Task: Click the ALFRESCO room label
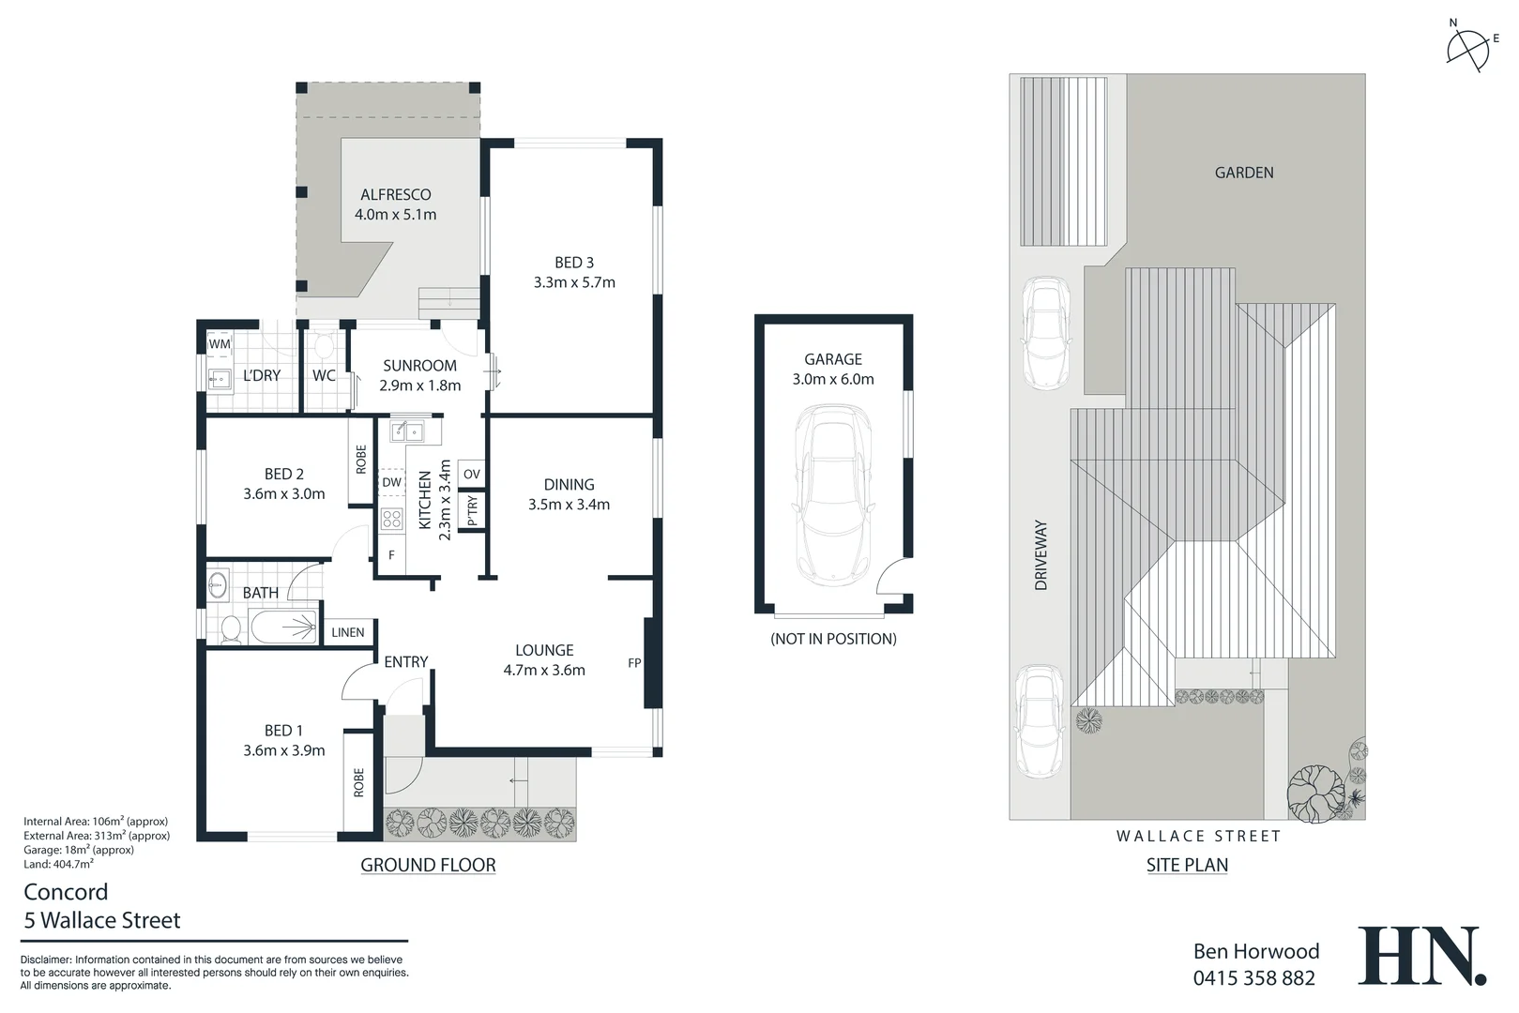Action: (x=395, y=194)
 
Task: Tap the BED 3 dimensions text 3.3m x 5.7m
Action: (x=573, y=282)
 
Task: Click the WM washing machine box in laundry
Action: (x=219, y=344)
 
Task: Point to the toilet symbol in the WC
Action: (x=324, y=347)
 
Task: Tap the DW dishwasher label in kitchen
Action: (x=391, y=482)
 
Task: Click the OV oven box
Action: (x=472, y=474)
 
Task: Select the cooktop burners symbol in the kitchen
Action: (x=391, y=519)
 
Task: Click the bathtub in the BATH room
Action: (x=282, y=627)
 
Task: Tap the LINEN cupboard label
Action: (x=347, y=632)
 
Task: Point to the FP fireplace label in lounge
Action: (x=634, y=663)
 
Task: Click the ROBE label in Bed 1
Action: (x=358, y=782)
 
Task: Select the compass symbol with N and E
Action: (x=1468, y=47)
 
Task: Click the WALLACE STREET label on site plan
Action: (x=1198, y=836)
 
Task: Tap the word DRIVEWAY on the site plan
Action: (x=1041, y=555)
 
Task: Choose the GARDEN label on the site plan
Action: (x=1244, y=173)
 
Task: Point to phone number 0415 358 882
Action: (x=1253, y=978)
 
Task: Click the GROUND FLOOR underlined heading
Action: (x=428, y=865)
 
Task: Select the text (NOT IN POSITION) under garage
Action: (x=833, y=639)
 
